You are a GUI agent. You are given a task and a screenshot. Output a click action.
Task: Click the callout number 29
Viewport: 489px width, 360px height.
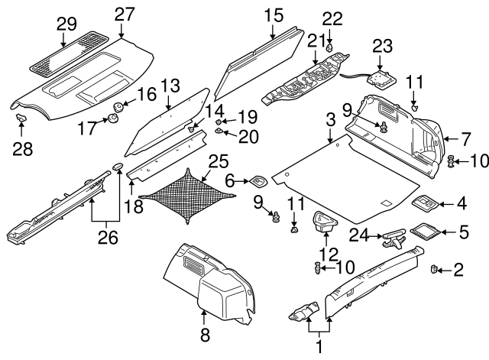pyautogui.click(x=66, y=23)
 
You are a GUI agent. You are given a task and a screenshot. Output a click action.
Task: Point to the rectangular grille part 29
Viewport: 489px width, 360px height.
pyautogui.click(x=66, y=54)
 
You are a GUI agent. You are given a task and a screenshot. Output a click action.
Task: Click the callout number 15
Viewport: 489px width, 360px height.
pyautogui.click(x=273, y=15)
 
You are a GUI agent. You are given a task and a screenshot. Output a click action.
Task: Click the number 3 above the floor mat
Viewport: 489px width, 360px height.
pyautogui.click(x=330, y=120)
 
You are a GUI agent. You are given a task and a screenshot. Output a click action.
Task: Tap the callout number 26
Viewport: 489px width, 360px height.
pyautogui.click(x=108, y=238)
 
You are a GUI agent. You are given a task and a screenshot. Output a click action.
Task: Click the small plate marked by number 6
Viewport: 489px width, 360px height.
pyautogui.click(x=257, y=182)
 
